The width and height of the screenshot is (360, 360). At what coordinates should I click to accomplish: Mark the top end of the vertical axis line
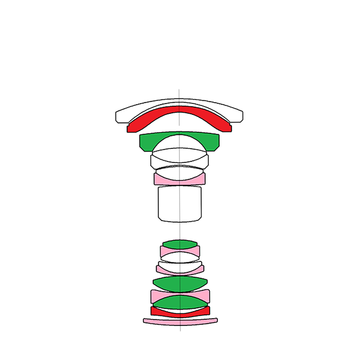click(x=179, y=89)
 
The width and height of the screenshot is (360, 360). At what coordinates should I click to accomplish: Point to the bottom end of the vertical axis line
click(x=180, y=332)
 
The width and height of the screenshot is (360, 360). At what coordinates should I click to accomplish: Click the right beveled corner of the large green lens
click(x=216, y=148)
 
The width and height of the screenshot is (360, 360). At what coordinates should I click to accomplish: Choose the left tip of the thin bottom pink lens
click(x=144, y=321)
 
